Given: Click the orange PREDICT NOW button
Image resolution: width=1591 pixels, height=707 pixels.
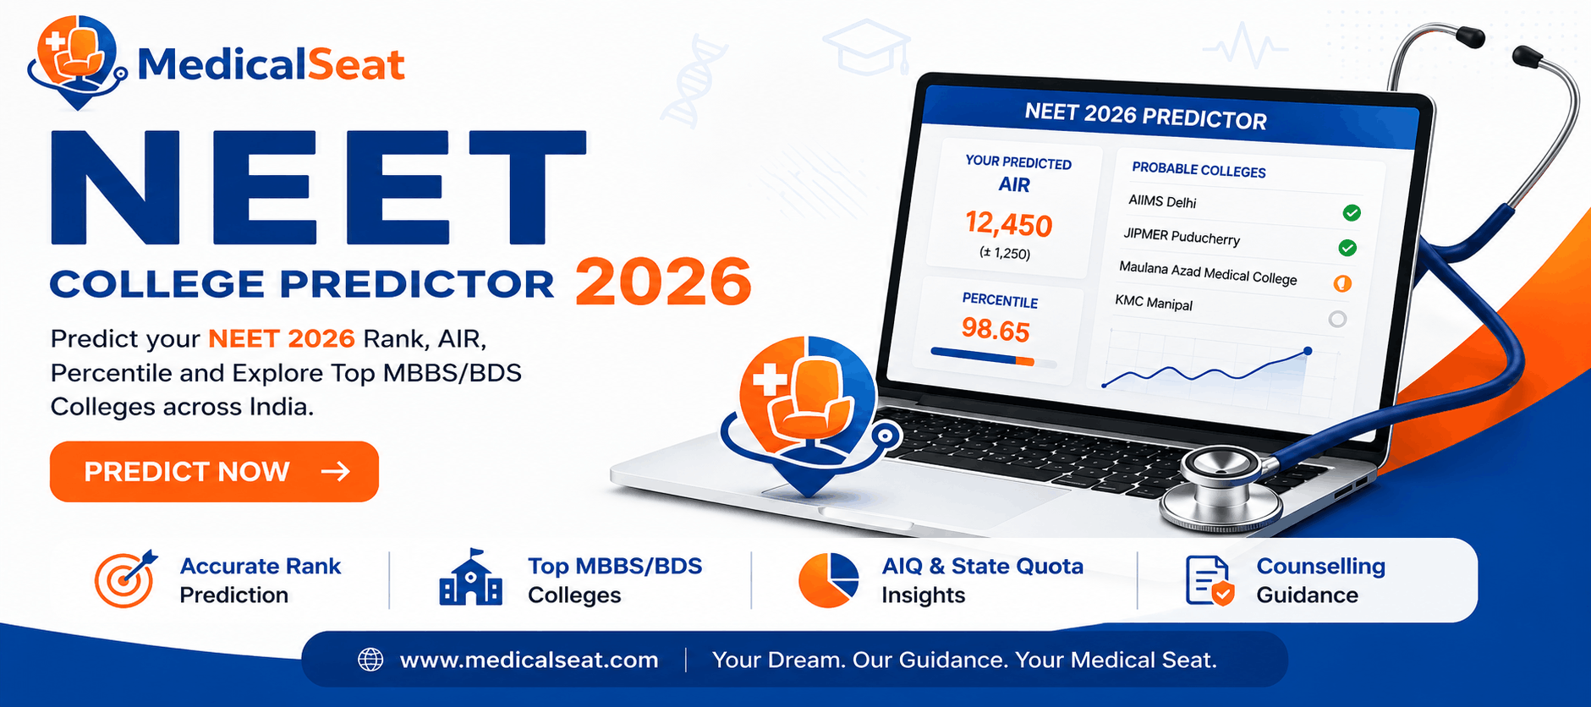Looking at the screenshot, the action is point(214,471).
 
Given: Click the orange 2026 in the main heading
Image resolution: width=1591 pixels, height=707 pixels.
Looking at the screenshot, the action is point(663,282).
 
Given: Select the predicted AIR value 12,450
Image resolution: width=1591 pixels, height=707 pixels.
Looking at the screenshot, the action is point(1009,224).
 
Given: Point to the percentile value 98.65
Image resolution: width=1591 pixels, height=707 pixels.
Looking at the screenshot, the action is point(996,330).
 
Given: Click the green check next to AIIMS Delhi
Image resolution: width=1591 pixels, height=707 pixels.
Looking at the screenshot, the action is point(1352,212).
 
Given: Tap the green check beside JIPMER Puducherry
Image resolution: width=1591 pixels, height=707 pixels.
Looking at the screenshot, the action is point(1347,248).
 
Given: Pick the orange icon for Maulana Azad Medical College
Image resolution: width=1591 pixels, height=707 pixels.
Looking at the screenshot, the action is point(1342,283).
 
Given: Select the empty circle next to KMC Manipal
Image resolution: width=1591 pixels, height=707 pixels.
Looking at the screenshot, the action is point(1337,319).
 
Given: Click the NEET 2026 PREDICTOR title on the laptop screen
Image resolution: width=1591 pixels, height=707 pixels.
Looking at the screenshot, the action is point(1145,116).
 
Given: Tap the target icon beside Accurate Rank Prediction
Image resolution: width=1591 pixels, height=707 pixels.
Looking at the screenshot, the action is point(125,579).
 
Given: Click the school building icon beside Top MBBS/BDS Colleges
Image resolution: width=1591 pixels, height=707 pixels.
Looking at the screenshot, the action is point(471,578).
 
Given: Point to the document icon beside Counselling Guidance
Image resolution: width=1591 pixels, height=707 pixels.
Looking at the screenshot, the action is point(1210,581).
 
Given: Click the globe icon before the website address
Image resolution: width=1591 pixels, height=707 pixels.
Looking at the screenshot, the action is point(370,660).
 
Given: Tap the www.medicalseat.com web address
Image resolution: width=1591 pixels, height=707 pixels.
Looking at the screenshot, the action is point(529,660).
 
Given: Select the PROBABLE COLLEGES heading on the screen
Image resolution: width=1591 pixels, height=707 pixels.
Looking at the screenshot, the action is point(1199,170).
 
